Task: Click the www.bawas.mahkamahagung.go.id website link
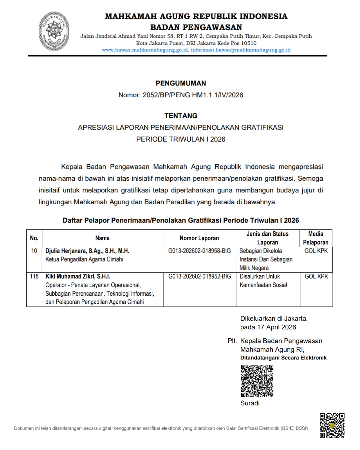(x=145, y=50)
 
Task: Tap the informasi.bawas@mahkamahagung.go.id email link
(x=241, y=50)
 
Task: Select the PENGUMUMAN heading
(x=181, y=83)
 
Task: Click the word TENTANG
(x=181, y=116)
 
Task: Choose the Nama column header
(x=102, y=238)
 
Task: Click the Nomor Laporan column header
(x=199, y=238)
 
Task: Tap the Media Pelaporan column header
(x=316, y=238)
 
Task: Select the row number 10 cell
(x=34, y=251)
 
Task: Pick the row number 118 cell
(x=34, y=276)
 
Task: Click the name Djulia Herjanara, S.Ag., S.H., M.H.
(x=87, y=251)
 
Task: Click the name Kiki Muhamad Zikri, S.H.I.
(x=78, y=276)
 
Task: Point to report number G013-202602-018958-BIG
(x=199, y=251)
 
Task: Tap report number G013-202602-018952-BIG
(x=199, y=276)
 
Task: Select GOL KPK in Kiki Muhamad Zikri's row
(x=316, y=276)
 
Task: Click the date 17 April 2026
(x=277, y=327)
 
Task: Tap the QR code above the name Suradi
(x=257, y=380)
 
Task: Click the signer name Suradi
(x=250, y=403)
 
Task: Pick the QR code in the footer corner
(x=332, y=425)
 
